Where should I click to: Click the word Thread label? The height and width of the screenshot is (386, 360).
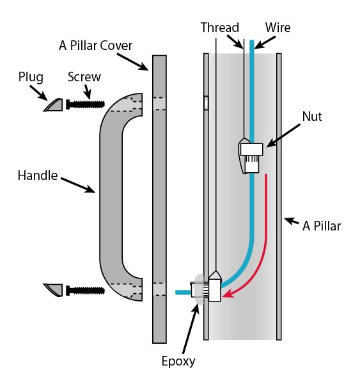click(x=219, y=28)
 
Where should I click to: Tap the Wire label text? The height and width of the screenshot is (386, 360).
click(x=278, y=28)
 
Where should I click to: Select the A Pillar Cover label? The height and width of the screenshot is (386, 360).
click(x=96, y=45)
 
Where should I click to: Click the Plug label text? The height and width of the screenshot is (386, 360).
click(x=31, y=77)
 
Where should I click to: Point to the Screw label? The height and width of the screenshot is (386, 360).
click(x=84, y=77)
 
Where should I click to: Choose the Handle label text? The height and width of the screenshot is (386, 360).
click(x=38, y=176)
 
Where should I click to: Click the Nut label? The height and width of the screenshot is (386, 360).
click(x=312, y=117)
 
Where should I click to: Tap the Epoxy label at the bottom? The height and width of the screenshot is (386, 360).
click(x=178, y=362)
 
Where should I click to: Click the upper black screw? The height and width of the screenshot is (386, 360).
click(x=85, y=104)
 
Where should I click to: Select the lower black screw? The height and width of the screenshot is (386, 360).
click(x=85, y=291)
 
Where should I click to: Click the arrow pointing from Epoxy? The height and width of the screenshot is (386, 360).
click(x=191, y=329)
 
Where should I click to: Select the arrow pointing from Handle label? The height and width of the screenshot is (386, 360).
click(x=78, y=185)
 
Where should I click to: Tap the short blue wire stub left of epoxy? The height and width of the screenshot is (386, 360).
click(x=183, y=293)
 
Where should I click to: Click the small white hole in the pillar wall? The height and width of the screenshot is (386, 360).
click(x=206, y=102)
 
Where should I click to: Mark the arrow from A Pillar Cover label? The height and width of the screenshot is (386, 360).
click(x=133, y=62)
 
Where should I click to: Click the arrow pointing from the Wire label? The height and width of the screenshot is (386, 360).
click(x=265, y=43)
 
